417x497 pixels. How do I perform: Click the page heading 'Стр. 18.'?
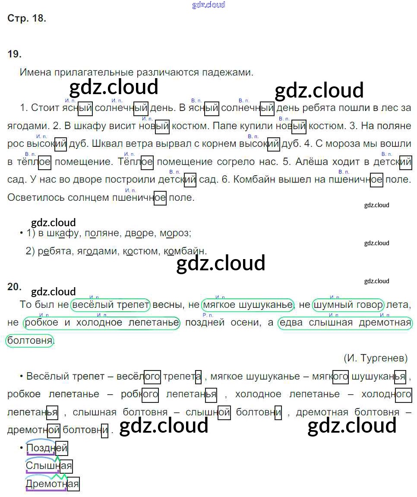pos(27,19)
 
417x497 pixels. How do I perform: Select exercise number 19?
pos(14,54)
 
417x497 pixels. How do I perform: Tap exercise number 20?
pos(14,287)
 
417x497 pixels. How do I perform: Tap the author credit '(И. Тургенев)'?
pos(376,358)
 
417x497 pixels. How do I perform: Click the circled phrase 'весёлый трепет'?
pos(111,305)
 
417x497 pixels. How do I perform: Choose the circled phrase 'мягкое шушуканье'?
pos(247,305)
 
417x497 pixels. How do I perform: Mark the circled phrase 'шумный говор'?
pos(348,305)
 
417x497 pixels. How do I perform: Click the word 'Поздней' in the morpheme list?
pos(47,449)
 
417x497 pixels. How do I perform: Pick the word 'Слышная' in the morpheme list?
pos(49,466)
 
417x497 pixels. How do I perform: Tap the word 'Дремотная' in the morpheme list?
pos(53,484)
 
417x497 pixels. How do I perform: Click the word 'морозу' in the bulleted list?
pos(175,233)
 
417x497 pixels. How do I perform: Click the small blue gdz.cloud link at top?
pos(208,5)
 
